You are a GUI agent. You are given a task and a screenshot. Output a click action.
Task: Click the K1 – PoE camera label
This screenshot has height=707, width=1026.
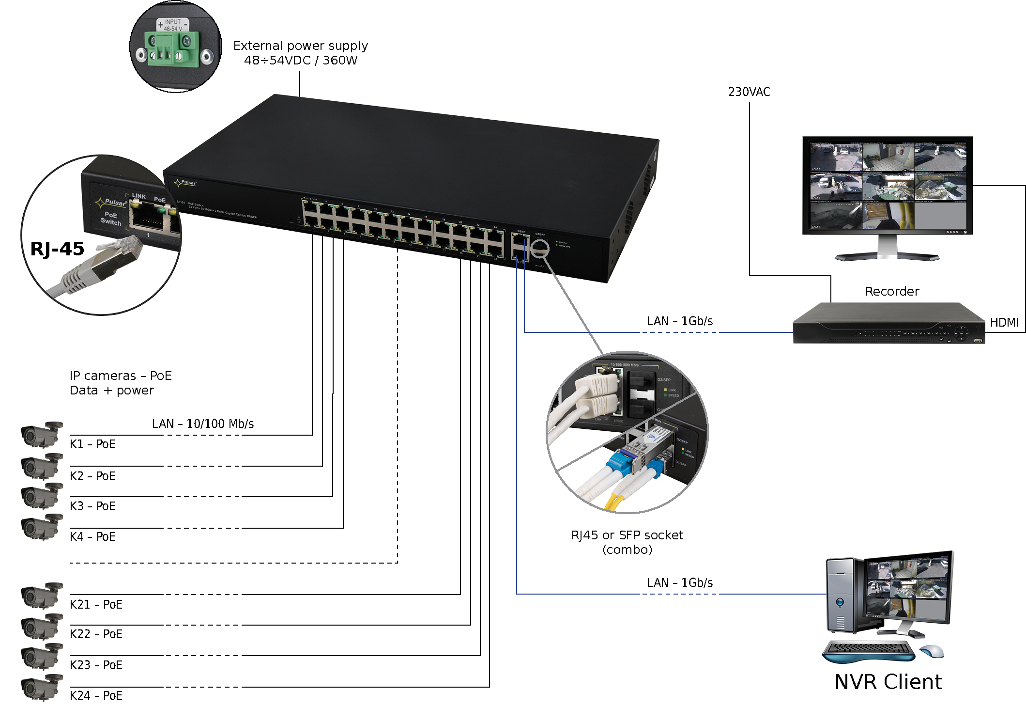(x=92, y=444)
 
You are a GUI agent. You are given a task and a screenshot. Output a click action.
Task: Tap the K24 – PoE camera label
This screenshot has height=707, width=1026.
(x=96, y=695)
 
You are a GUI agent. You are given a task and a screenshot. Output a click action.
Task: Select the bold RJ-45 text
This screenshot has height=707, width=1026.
(x=57, y=249)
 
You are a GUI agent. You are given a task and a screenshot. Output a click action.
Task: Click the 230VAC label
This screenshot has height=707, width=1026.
(x=749, y=92)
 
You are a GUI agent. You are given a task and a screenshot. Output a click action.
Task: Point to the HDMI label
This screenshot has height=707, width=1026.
(x=1004, y=323)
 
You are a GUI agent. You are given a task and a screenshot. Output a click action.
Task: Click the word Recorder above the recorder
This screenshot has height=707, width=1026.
(x=892, y=291)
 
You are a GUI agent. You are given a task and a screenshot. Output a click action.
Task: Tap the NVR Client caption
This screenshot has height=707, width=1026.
(x=888, y=682)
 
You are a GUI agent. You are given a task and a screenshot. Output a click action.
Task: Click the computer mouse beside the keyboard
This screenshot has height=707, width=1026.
(x=932, y=651)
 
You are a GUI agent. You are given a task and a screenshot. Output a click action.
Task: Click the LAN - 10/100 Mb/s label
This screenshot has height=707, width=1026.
(x=203, y=424)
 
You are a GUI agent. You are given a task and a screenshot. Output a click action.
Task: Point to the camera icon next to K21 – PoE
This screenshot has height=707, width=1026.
(x=42, y=595)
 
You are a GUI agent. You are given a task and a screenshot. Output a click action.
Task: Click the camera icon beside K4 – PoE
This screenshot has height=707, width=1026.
(x=42, y=527)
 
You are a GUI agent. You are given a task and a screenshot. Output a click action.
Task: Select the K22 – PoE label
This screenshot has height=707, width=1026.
(x=96, y=634)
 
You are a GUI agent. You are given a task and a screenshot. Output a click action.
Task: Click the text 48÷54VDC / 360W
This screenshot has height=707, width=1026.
(x=301, y=61)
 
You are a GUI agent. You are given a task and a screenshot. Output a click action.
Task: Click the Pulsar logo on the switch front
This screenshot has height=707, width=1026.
(x=185, y=183)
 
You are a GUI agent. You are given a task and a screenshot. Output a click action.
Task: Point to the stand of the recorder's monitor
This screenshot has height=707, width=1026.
(x=888, y=250)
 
